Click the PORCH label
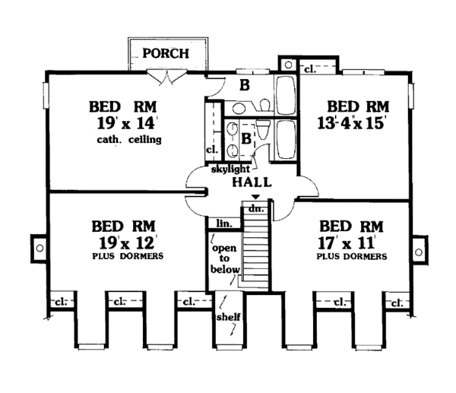tap(166, 54)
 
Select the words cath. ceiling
tap(131, 141)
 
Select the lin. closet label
tap(223, 223)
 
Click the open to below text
tap(226, 259)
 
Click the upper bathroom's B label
tap(245, 85)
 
